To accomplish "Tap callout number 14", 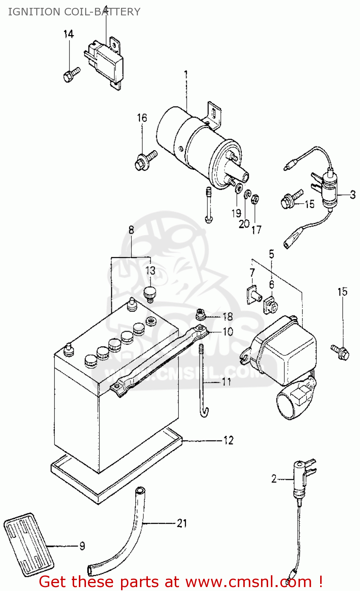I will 69,34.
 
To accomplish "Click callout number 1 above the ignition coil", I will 186,74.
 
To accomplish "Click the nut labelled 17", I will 255,199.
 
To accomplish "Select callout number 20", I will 244,223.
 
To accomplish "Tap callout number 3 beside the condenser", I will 353,195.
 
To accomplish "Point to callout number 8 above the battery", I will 131,230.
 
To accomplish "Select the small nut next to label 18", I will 201,314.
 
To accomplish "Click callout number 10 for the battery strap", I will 228,332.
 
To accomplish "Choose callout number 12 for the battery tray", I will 228,440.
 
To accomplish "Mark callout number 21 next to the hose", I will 181,523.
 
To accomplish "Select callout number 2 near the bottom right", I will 274,479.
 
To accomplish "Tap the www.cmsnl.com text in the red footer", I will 248,582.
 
